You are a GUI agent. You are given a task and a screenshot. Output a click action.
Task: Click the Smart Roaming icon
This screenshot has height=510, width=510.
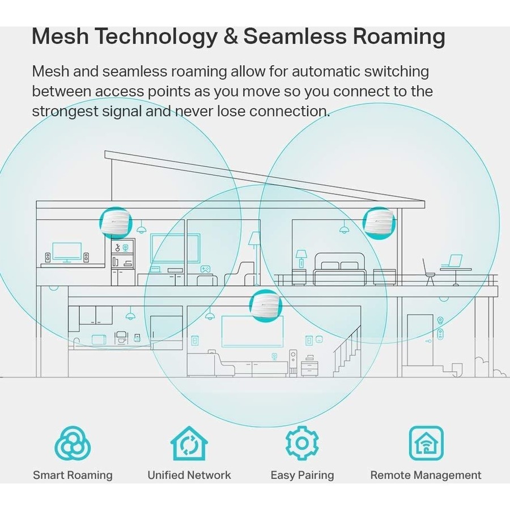click(x=73, y=443)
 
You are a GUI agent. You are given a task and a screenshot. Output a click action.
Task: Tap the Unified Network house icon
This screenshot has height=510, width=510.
click(x=189, y=443)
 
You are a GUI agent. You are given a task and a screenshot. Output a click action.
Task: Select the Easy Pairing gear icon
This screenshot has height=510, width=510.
click(x=302, y=443)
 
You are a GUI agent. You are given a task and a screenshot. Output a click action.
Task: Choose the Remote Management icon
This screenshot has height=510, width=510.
click(x=426, y=443)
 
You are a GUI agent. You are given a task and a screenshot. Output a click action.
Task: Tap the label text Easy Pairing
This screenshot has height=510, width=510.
click(x=302, y=475)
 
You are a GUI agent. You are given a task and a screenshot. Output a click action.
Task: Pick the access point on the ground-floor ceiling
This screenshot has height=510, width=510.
click(x=265, y=305)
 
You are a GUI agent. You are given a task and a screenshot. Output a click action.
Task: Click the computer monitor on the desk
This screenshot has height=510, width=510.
click(x=66, y=251)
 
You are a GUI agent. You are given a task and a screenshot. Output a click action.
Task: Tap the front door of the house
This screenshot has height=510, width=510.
click(x=419, y=340)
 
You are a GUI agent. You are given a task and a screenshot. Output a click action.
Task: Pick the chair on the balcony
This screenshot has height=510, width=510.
click(x=429, y=272)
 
